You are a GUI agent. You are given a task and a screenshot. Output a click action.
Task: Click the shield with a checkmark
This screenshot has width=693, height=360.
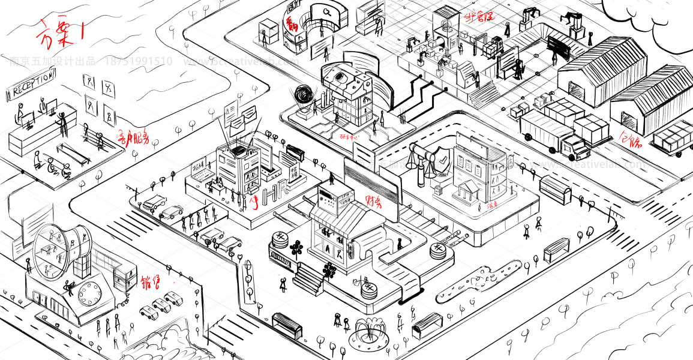pyautogui.click(x=441, y=161)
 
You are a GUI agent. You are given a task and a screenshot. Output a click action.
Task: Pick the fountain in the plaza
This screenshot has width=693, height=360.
pyautogui.click(x=368, y=333)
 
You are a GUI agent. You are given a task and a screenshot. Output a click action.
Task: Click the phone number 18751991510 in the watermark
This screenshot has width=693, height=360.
pyautogui.click(x=139, y=61)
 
